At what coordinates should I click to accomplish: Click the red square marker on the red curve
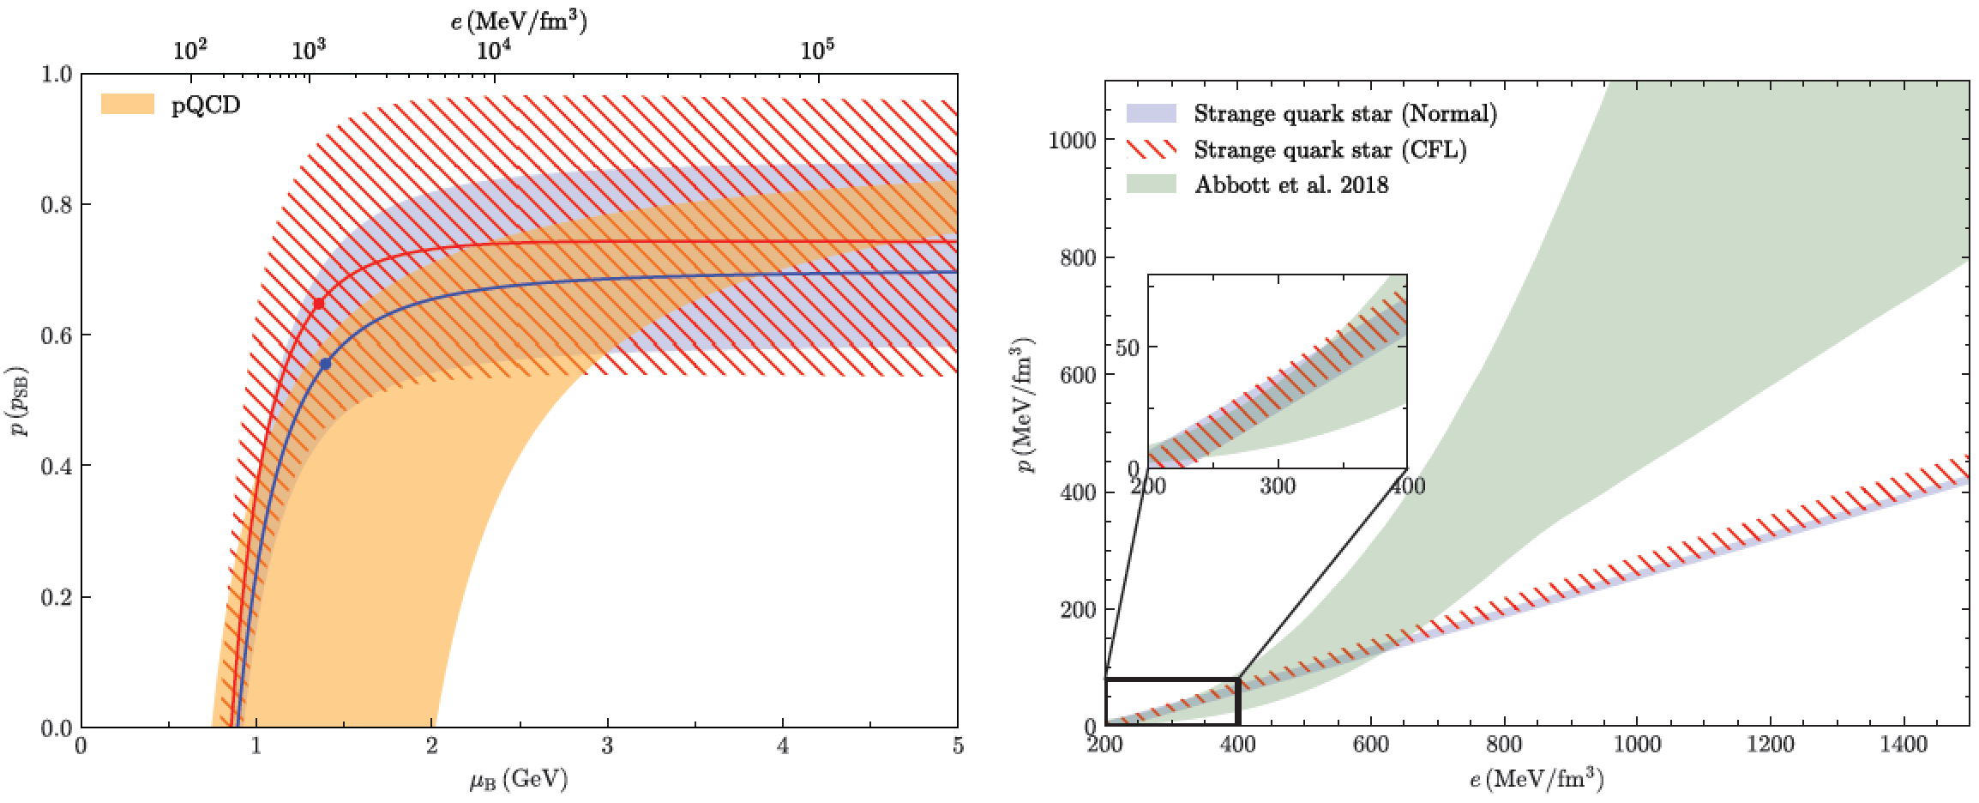(x=319, y=304)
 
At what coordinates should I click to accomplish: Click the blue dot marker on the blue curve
(x=325, y=364)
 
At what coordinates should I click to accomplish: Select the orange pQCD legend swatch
(x=127, y=105)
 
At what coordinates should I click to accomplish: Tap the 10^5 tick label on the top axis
(x=817, y=49)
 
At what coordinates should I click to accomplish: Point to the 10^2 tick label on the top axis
(x=189, y=50)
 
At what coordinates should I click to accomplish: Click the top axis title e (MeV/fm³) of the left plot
(x=519, y=21)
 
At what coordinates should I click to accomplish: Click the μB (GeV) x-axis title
(x=519, y=779)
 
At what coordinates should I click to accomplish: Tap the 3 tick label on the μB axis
(x=607, y=746)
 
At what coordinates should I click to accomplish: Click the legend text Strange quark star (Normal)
(x=1345, y=113)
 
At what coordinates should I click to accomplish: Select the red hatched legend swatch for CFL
(x=1151, y=149)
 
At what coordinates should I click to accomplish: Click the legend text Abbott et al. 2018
(x=1291, y=185)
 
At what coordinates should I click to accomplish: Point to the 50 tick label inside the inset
(x=1127, y=347)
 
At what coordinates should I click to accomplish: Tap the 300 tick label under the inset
(x=1278, y=486)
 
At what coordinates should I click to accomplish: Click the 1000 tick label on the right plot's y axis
(x=1072, y=141)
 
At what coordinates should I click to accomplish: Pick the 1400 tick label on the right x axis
(x=1904, y=745)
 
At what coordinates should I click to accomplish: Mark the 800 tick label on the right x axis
(x=1504, y=745)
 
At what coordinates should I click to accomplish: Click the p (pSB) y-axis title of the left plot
(x=19, y=401)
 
